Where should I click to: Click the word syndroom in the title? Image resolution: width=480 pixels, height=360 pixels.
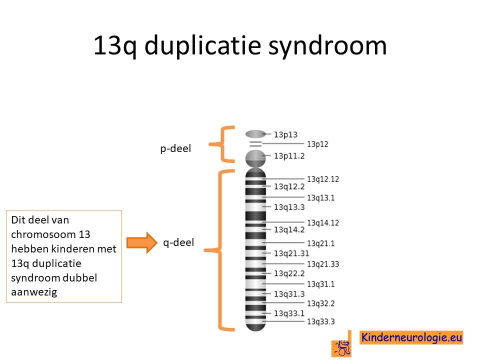tap(327, 46)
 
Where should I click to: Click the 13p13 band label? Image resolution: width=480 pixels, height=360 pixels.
tap(285, 134)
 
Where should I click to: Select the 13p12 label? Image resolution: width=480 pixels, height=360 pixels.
tap(317, 144)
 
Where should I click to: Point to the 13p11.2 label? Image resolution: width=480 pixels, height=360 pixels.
tap(289, 156)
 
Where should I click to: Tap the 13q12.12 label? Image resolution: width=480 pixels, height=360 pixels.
tap(323, 179)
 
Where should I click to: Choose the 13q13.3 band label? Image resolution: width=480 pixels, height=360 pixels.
tap(289, 207)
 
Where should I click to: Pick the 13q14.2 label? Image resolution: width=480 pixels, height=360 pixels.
tap(289, 229)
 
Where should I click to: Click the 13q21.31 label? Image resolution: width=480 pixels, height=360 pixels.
tap(291, 253)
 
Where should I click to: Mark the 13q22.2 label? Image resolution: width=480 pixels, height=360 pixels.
tap(289, 273)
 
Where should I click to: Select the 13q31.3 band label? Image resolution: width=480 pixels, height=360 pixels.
tap(289, 294)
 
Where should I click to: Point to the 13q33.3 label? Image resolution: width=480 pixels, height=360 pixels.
tap(321, 321)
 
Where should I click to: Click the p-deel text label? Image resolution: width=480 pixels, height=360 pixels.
tap(175, 149)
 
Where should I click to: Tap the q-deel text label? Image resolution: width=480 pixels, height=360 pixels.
tap(178, 243)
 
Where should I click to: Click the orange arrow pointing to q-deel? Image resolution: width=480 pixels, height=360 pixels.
tap(142, 243)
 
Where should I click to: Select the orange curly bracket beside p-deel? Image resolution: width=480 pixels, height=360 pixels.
tap(222, 144)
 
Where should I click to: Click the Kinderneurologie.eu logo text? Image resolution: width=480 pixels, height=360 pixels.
tap(411, 337)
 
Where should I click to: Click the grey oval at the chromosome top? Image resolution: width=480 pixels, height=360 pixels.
tap(255, 134)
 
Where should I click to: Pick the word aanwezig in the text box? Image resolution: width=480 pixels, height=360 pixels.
tap(34, 292)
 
